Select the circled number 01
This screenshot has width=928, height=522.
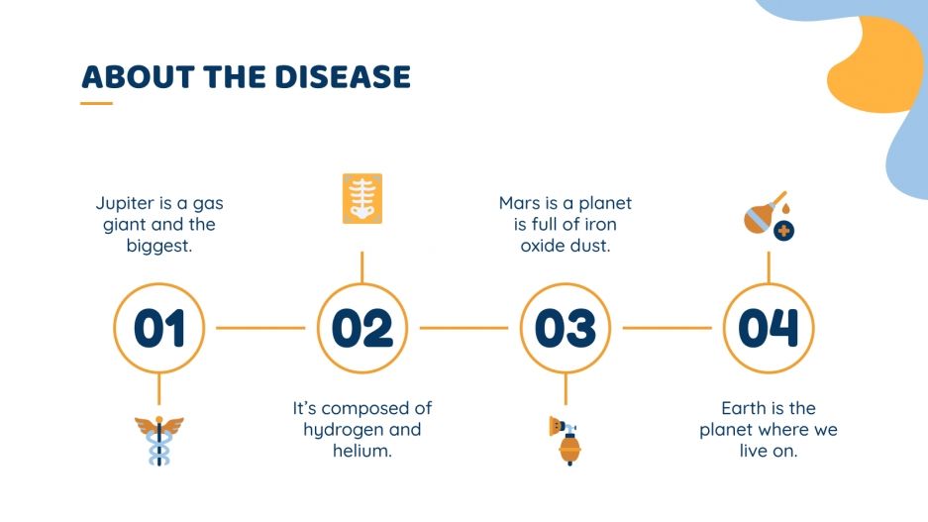(159, 328)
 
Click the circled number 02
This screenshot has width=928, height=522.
(361, 328)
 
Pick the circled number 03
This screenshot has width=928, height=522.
(566, 328)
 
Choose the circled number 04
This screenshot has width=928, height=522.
(769, 328)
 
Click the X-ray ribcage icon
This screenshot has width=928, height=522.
(361, 198)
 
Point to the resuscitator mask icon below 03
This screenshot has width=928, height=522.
(566, 440)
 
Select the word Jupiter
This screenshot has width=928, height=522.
(126, 204)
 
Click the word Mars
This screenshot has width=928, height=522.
(519, 204)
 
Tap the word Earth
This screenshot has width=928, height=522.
(742, 408)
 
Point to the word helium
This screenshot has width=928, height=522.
(362, 452)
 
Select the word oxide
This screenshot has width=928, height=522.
(545, 246)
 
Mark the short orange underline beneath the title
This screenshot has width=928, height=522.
(96, 102)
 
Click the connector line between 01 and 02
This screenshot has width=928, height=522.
(260, 328)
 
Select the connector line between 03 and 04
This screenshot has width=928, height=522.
(667, 328)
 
